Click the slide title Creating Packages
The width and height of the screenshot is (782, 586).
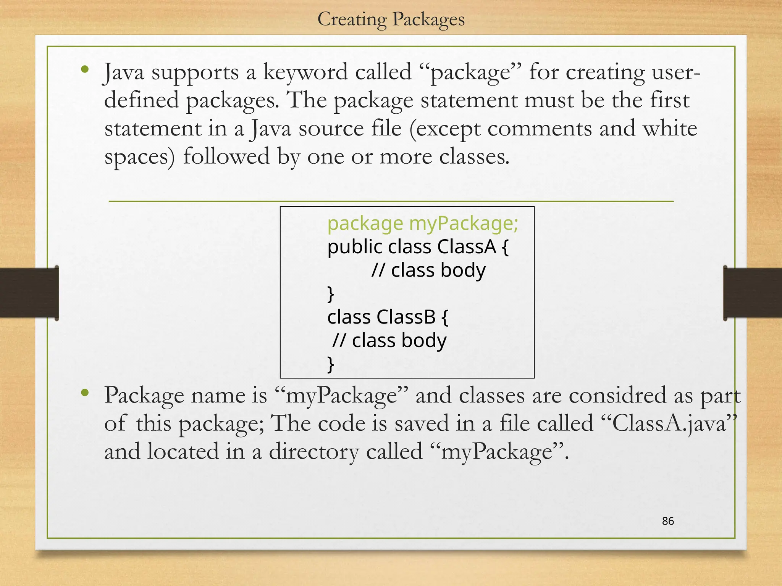click(391, 19)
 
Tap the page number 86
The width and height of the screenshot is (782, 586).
click(668, 521)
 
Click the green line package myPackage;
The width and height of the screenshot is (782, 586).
click(423, 223)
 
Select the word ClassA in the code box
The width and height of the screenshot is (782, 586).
click(467, 247)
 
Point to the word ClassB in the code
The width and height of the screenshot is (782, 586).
click(406, 317)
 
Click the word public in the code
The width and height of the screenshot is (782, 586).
click(355, 247)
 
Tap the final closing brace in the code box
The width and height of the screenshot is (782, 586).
click(331, 364)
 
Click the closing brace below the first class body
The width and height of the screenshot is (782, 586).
click(331, 294)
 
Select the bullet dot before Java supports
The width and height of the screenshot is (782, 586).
click(85, 70)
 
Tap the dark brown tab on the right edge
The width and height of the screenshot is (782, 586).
click(753, 293)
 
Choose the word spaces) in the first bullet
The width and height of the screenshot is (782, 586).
click(139, 157)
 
